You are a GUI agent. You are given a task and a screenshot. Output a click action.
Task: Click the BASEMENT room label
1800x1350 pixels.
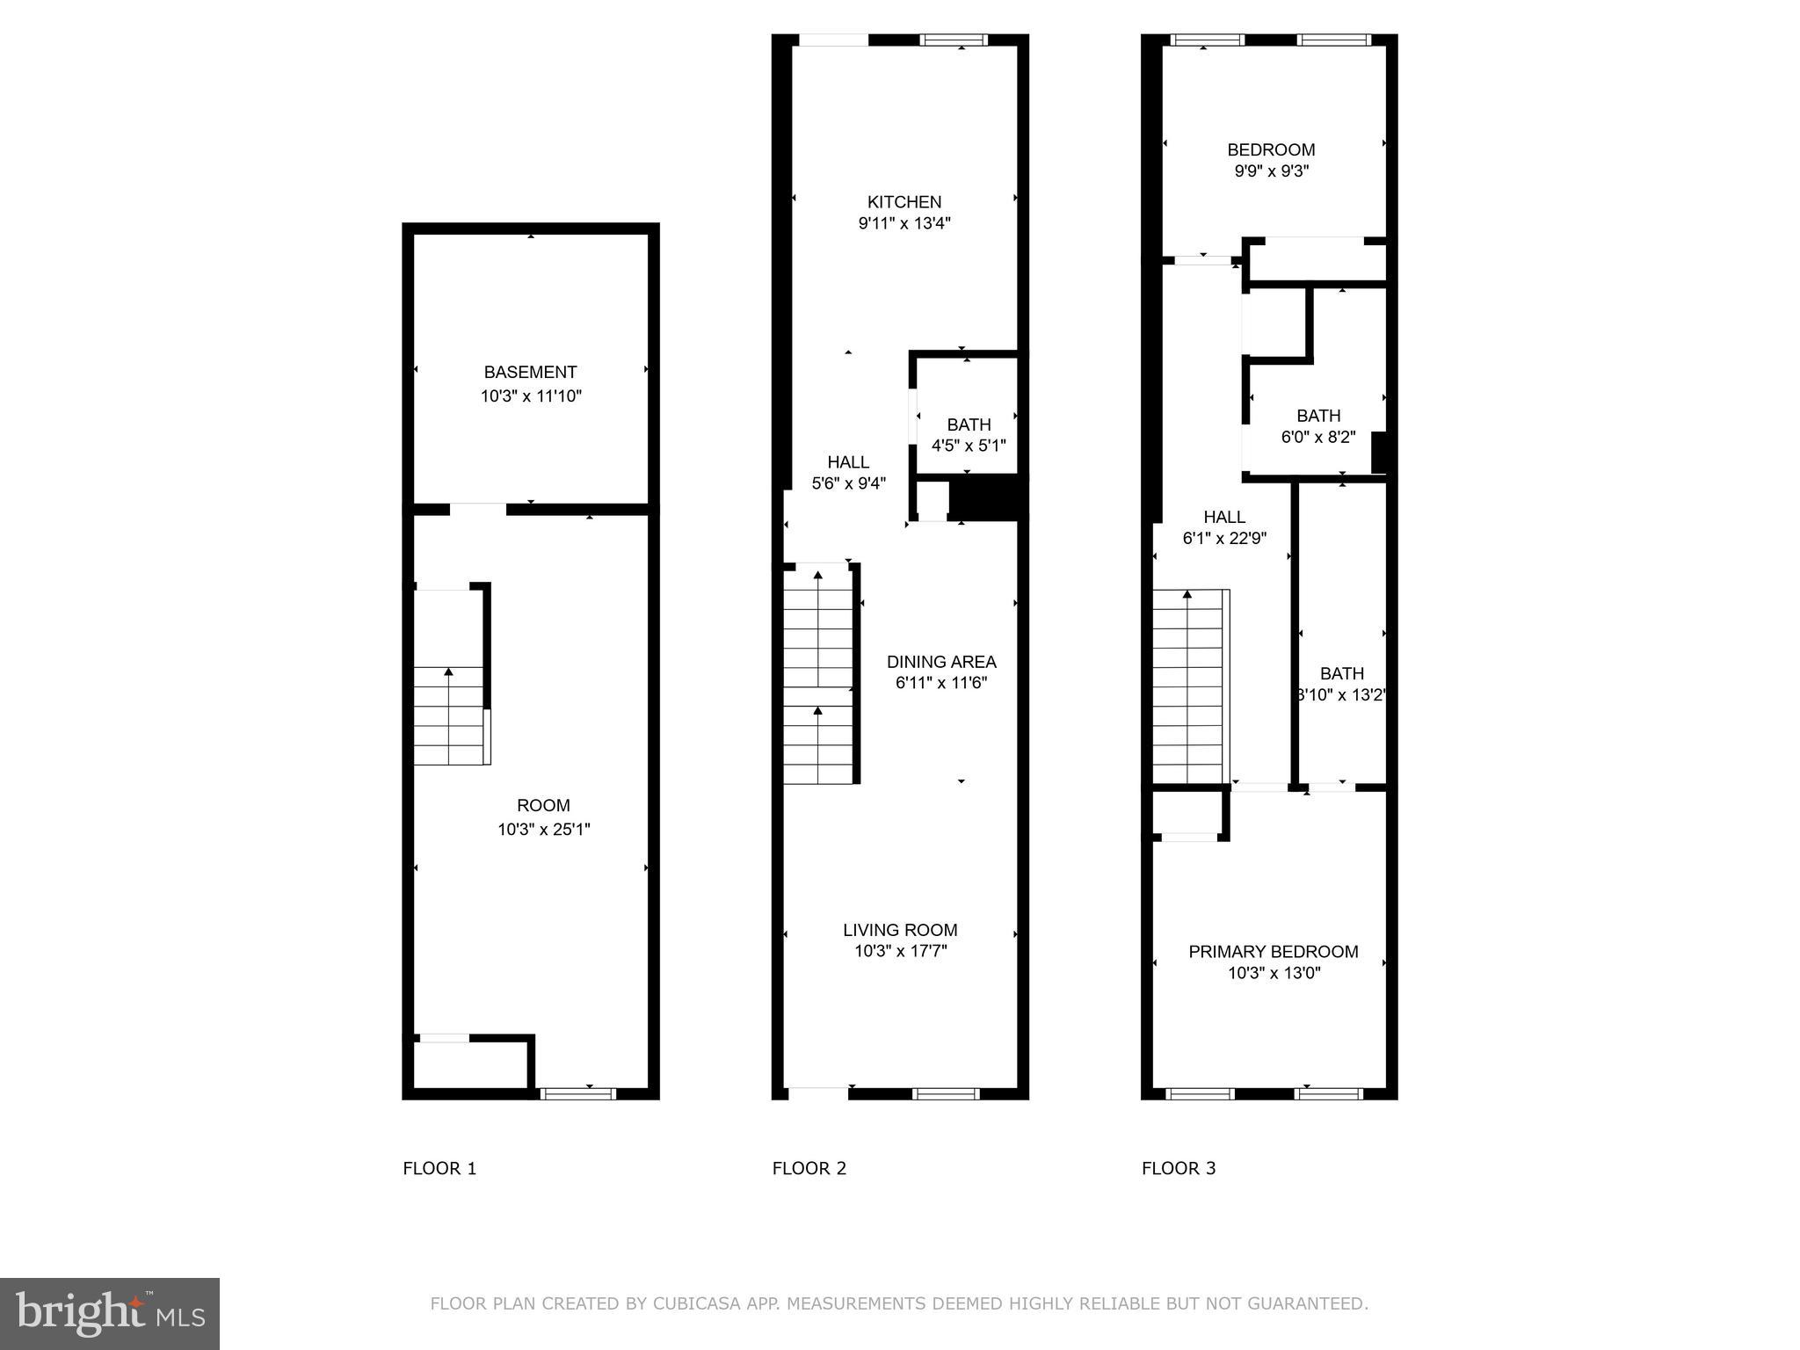click(x=530, y=372)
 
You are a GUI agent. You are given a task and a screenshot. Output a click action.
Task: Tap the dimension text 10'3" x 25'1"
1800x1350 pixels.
click(x=543, y=829)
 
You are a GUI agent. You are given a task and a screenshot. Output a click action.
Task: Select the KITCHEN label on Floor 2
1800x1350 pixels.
click(x=904, y=202)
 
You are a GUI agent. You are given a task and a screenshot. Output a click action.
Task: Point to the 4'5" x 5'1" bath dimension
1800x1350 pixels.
click(x=968, y=446)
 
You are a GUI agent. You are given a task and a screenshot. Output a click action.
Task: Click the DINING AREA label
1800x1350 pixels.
click(x=940, y=662)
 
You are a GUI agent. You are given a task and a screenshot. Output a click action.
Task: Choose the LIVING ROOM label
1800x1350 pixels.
click(x=900, y=930)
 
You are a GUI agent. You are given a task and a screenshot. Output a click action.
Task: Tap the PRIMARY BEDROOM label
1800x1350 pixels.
click(x=1273, y=952)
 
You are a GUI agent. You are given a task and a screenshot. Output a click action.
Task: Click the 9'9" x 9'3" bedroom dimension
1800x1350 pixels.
click(x=1271, y=171)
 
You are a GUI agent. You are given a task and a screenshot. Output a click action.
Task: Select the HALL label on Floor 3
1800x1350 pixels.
click(x=1223, y=517)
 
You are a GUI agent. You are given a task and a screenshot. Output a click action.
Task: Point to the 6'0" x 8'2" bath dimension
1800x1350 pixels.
click(x=1317, y=437)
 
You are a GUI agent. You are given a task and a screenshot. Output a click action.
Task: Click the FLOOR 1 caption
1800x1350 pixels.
click(x=439, y=1168)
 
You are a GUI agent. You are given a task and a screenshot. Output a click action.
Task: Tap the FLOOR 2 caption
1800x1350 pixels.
click(x=809, y=1168)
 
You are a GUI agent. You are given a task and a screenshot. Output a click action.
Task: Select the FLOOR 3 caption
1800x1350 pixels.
click(x=1178, y=1168)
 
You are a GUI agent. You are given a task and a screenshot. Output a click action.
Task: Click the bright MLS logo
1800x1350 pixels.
click(x=110, y=1314)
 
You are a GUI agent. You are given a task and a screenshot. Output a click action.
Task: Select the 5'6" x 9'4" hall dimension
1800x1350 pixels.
click(x=847, y=483)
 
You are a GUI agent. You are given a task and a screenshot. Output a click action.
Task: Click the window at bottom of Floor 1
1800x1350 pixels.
click(x=577, y=1093)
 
